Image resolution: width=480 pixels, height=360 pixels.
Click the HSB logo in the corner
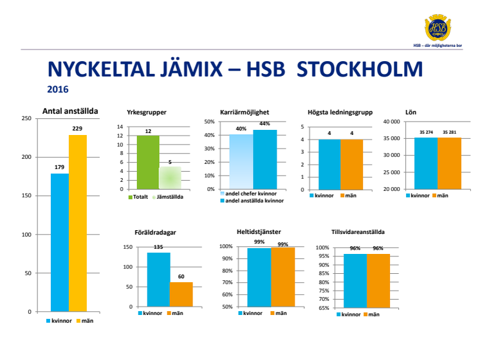pyautogui.click(x=438, y=29)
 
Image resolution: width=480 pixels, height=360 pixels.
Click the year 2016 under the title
pyautogui.click(x=58, y=90)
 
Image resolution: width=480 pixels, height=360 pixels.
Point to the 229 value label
pyautogui.click(x=77, y=129)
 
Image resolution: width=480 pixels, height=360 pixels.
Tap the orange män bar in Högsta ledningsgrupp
pyautogui.click(x=351, y=164)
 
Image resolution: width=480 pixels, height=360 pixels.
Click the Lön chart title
pyautogui.click(x=411, y=113)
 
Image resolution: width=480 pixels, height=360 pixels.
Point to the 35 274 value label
pyautogui.click(x=425, y=132)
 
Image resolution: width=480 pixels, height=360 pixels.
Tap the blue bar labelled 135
pyautogui.click(x=158, y=279)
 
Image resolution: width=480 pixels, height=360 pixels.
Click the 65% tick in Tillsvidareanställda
pyautogui.click(x=322, y=308)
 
